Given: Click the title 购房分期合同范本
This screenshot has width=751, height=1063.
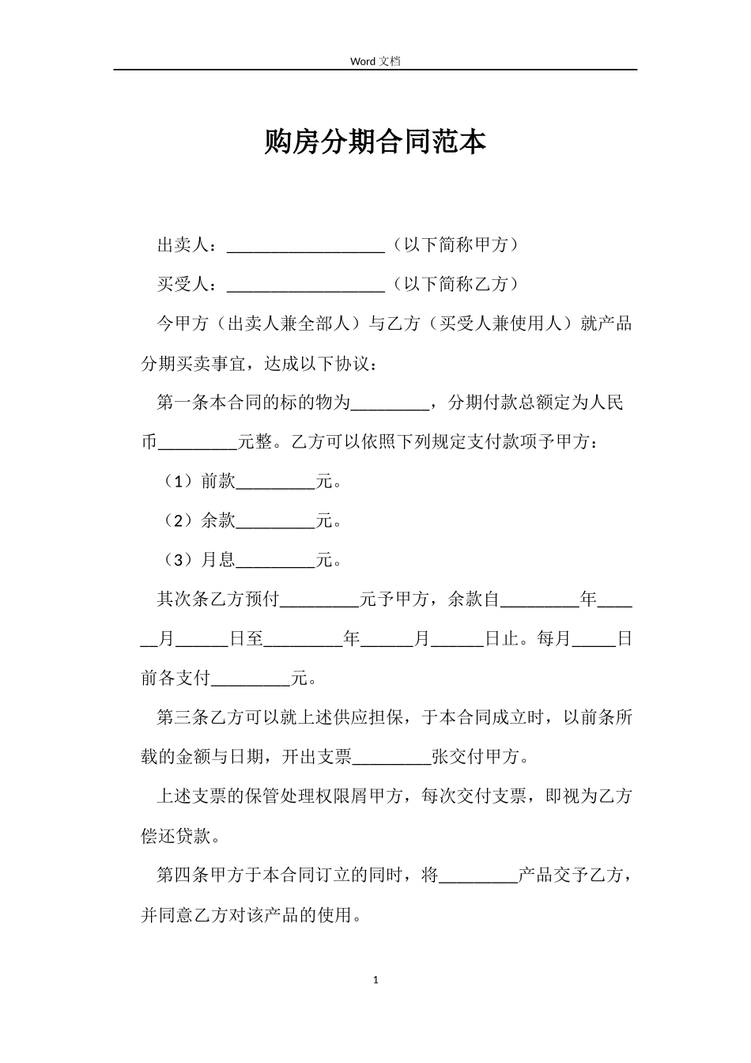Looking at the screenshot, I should click(x=375, y=142).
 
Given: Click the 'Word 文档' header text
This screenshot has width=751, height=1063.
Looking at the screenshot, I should click(x=375, y=61).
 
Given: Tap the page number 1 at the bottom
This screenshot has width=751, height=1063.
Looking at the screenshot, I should click(x=375, y=980).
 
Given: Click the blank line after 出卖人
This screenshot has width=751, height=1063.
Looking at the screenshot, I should click(x=305, y=246).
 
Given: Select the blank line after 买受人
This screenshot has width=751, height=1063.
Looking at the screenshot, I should click(x=305, y=286).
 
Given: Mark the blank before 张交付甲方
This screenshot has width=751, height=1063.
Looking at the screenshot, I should click(x=391, y=759).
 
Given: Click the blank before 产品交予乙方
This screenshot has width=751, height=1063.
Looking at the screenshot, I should click(x=477, y=878).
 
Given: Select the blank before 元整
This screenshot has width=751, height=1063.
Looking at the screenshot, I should click(x=198, y=444).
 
